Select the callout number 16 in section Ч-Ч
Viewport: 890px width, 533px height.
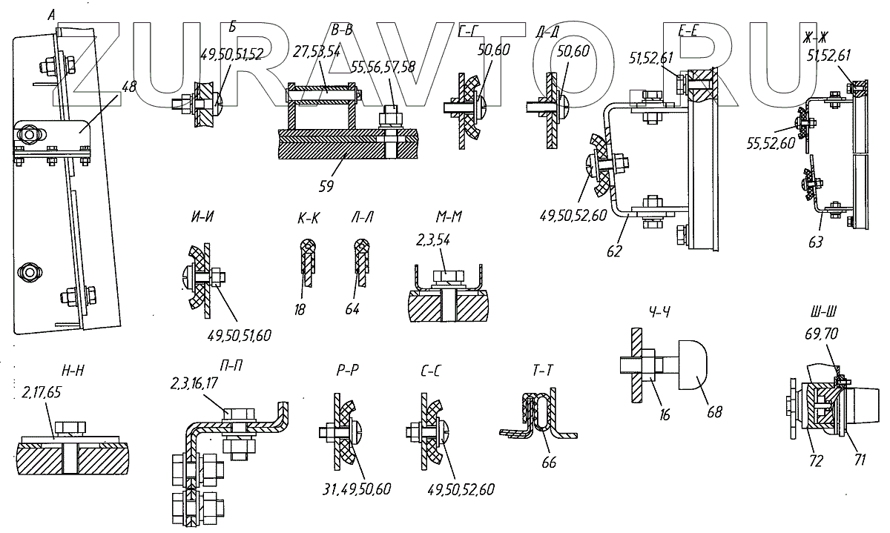pos(665,416)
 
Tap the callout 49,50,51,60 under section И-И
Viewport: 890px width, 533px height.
pos(239,336)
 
